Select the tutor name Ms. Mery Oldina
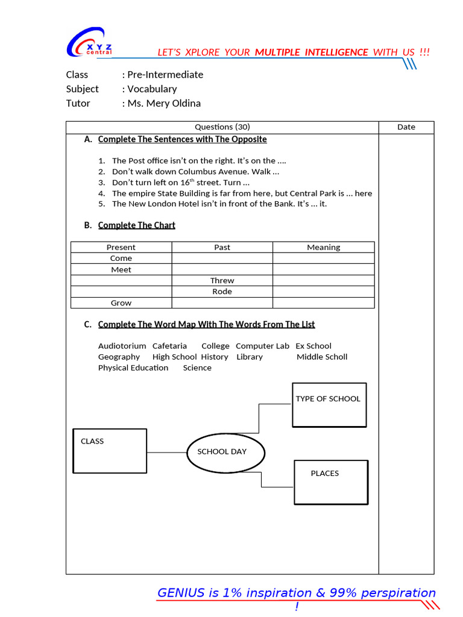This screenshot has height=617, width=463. tap(164, 103)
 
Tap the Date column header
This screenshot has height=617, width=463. tap(406, 127)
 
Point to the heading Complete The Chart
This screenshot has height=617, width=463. tap(136, 225)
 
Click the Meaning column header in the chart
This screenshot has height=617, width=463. tap(323, 247)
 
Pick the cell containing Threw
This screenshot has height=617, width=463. tap(222, 281)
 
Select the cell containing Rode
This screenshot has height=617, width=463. tap(222, 292)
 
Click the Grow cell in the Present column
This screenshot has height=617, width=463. tap(121, 303)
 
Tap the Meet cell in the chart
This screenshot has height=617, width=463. tap(121, 270)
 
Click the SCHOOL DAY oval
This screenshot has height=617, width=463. tap(225, 451)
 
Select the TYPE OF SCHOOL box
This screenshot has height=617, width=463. tap(329, 405)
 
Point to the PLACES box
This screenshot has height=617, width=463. tap(330, 482)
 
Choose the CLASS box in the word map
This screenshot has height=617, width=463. tap(110, 451)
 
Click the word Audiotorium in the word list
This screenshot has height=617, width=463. tap(122, 346)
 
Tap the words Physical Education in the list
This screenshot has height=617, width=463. tap(133, 368)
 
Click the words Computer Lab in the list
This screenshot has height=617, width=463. tap(262, 346)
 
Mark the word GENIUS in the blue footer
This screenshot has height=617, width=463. tap(181, 593)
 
